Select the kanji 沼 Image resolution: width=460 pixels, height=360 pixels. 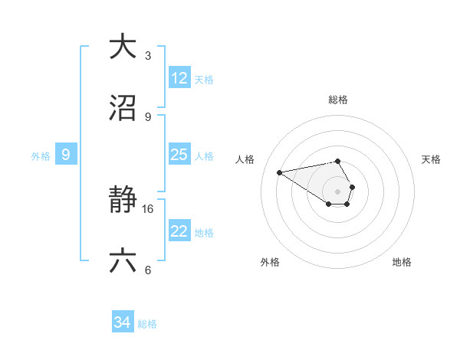click(x=123, y=109)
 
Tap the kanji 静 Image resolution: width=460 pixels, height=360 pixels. click(x=123, y=201)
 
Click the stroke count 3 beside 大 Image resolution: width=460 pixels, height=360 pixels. click(x=147, y=55)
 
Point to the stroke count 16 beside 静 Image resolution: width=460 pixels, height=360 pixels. click(x=149, y=208)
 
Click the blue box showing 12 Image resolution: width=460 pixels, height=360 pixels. click(x=179, y=78)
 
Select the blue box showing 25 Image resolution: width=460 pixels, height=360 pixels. click(x=179, y=155)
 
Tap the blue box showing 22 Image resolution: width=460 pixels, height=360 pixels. click(x=179, y=231)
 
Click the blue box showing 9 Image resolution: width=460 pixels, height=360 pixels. click(x=66, y=155)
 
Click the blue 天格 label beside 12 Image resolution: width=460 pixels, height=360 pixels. click(x=204, y=80)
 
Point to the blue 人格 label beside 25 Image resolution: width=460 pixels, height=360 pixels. click(x=204, y=156)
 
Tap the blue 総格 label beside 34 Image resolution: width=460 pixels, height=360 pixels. click(x=147, y=324)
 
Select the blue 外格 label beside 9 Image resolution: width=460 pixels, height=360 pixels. click(x=41, y=156)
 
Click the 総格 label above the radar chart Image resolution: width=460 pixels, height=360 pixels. click(x=337, y=100)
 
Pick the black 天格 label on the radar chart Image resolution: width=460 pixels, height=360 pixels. click(x=431, y=159)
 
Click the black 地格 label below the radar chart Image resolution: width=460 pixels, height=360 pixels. click(x=402, y=262)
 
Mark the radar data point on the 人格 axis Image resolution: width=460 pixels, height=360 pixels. click(x=279, y=172)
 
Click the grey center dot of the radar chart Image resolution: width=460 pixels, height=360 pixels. click(x=337, y=191)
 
